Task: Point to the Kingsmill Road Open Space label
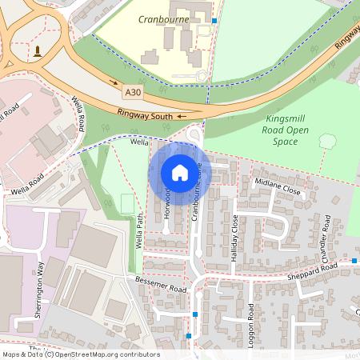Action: coord(286,130)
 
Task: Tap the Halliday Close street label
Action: coord(234,238)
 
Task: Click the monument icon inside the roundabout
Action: coord(37,52)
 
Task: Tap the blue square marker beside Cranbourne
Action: coord(214,21)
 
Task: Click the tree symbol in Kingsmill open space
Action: coord(326,142)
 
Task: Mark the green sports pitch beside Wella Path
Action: coord(126,204)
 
